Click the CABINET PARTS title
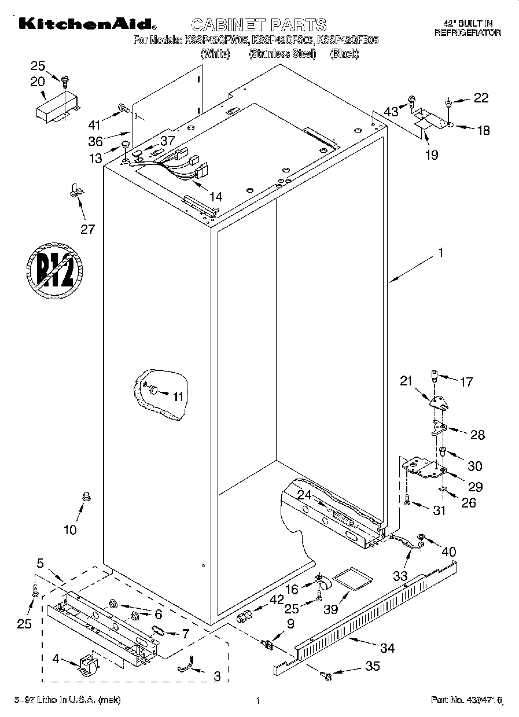[258, 25]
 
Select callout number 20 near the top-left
[38, 82]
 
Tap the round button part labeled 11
[153, 391]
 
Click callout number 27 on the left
[87, 229]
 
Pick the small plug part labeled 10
[87, 495]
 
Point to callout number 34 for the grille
[387, 648]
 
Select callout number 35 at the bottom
[373, 667]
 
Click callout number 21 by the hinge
[406, 381]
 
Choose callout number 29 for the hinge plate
[475, 487]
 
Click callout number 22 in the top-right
[481, 98]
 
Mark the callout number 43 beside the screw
[392, 111]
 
